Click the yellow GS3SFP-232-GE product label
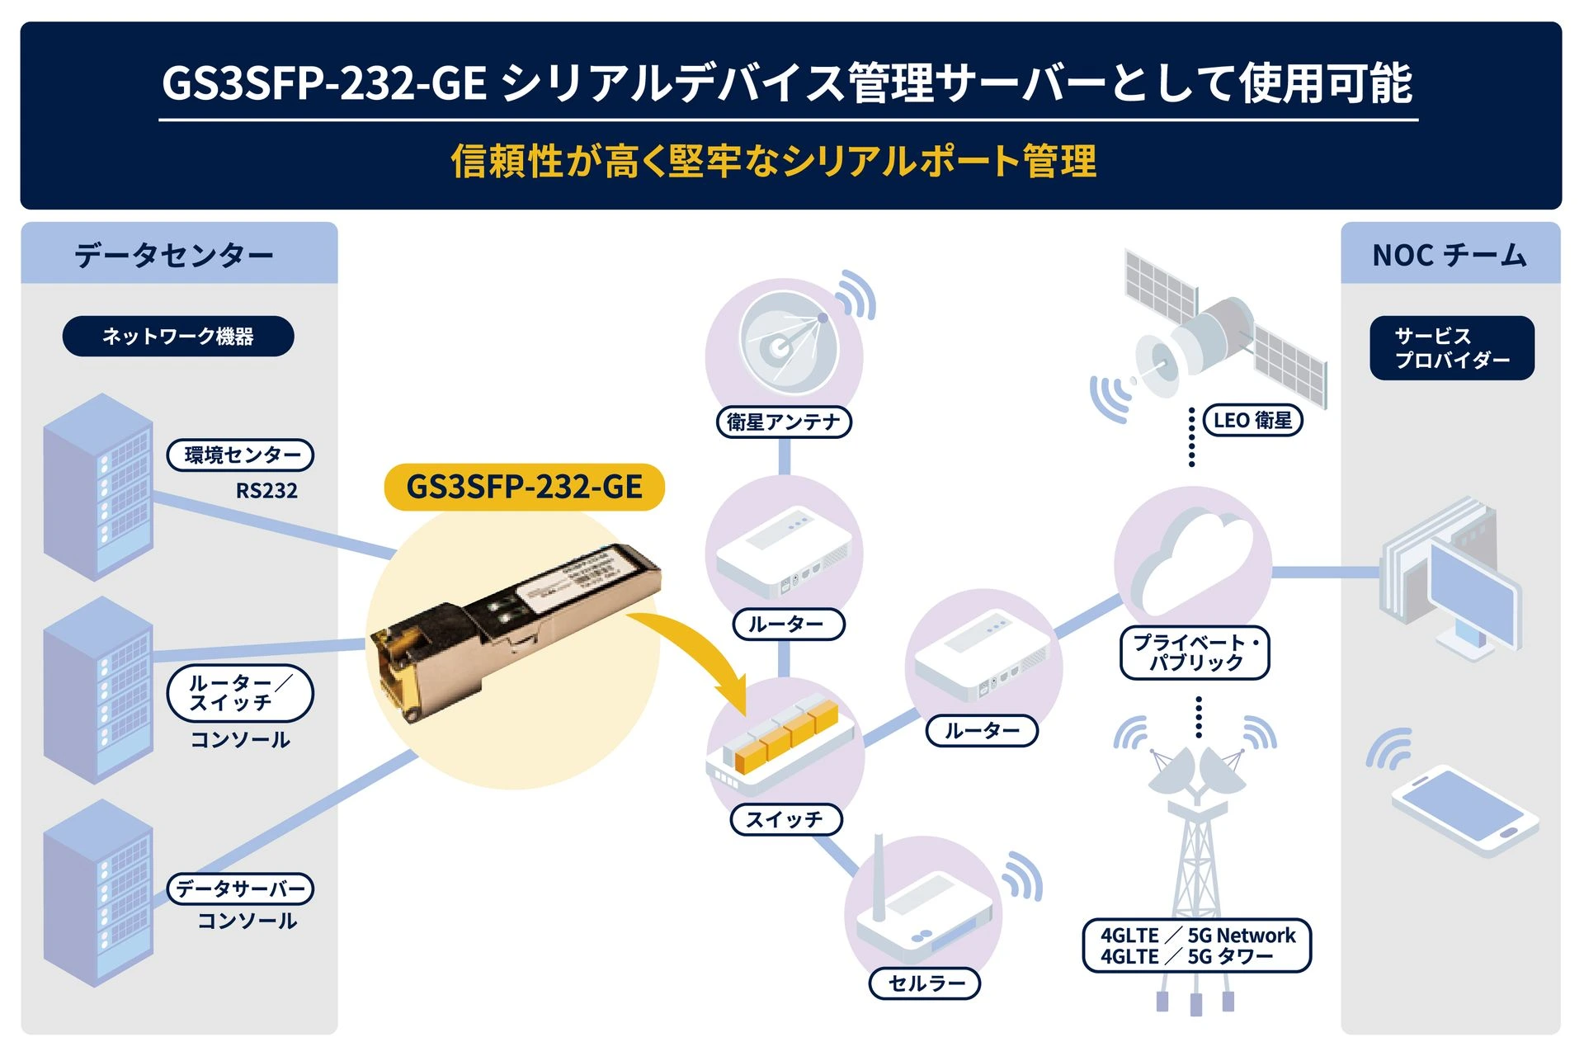[525, 487]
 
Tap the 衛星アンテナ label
[784, 422]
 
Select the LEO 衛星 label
[1252, 420]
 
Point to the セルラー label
[925, 983]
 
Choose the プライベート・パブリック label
[1195, 653]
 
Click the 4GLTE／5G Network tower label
[1196, 945]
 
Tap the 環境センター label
[240, 455]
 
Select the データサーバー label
[241, 889]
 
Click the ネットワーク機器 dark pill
[178, 337]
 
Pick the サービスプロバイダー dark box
[1451, 348]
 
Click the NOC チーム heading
[1450, 255]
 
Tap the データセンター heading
[174, 255]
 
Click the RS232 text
[266, 491]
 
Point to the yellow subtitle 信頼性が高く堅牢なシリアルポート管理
[773, 161]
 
